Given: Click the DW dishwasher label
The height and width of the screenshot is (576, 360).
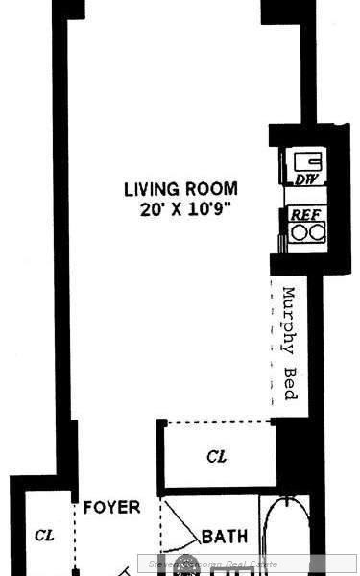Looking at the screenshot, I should pyautogui.click(x=306, y=180).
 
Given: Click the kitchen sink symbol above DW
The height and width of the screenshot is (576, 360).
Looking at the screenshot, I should pyautogui.click(x=306, y=159).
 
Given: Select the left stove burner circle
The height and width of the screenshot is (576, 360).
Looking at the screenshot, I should pyautogui.click(x=299, y=232).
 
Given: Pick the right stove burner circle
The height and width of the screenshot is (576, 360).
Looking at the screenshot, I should pyautogui.click(x=315, y=232).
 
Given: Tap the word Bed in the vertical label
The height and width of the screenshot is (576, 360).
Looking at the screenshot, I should pyautogui.click(x=289, y=384).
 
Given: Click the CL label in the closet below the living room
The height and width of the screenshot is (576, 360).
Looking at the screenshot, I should pyautogui.click(x=217, y=457).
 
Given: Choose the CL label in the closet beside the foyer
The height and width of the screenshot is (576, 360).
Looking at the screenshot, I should pyautogui.click(x=43, y=534).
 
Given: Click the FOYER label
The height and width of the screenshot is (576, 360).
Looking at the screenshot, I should pyautogui.click(x=111, y=507).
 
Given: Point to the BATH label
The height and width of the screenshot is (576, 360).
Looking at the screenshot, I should pyautogui.click(x=225, y=536).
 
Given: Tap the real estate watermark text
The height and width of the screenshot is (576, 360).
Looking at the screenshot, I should pyautogui.click(x=248, y=564).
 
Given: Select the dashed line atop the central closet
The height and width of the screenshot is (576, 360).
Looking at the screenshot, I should pyautogui.click(x=217, y=421).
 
